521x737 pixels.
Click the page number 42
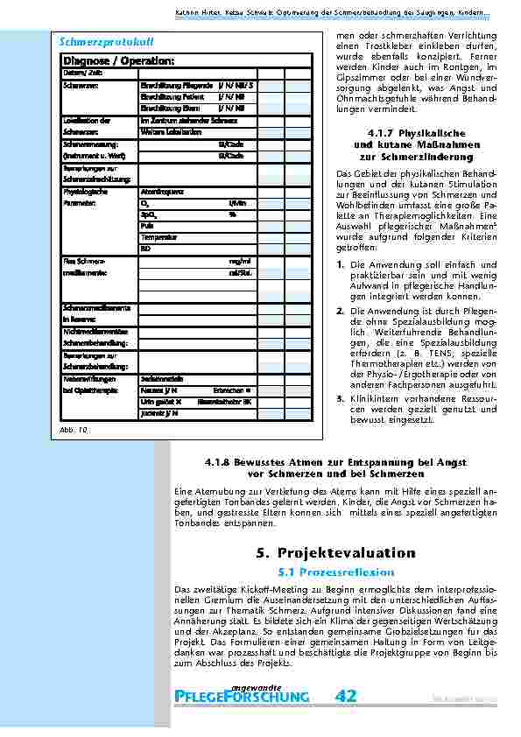point(345,696)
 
